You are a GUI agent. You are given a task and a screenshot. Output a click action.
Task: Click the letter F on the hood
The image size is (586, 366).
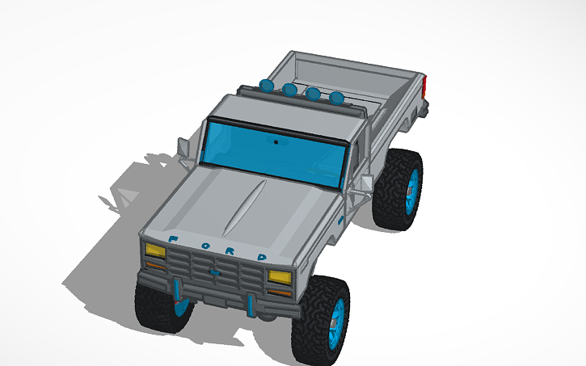coord(174,239)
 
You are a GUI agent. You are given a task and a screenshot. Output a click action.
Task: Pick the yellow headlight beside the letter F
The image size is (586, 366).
coord(154,250)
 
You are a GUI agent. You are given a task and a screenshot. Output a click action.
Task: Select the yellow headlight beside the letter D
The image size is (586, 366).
coord(279,278)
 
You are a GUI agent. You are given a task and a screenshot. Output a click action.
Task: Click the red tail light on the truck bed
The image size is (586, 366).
coord(424,86)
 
